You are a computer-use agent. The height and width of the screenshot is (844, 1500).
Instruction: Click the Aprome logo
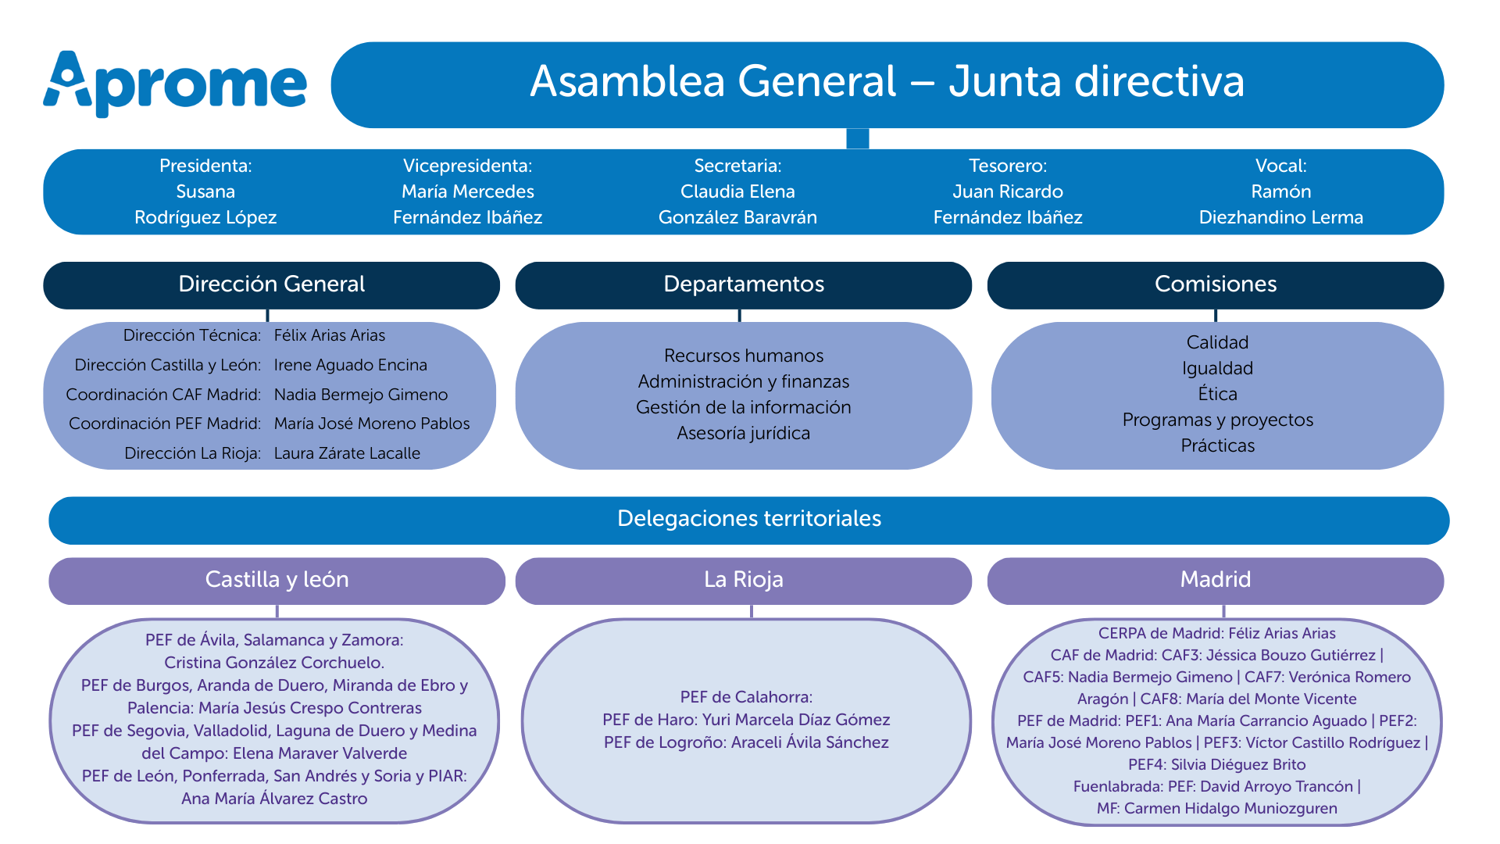click(175, 83)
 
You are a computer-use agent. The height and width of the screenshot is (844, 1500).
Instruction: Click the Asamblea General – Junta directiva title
click(887, 81)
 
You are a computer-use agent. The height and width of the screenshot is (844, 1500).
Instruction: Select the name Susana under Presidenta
click(205, 191)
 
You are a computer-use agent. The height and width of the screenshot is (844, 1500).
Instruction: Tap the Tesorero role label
click(1008, 166)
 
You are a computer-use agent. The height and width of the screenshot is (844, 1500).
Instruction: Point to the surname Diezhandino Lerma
click(1280, 217)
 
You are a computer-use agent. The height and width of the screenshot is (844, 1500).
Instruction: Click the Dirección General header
click(271, 284)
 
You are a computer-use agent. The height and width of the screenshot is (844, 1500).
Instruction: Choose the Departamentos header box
click(743, 284)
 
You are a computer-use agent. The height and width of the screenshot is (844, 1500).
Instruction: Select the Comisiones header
click(1216, 284)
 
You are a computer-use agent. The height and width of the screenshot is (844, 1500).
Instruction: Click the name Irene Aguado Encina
click(350, 365)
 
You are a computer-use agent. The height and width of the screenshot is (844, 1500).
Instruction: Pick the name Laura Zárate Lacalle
click(347, 453)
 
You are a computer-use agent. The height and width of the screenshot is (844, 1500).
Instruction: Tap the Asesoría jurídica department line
click(743, 433)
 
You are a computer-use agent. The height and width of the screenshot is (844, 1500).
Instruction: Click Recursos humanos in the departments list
click(743, 356)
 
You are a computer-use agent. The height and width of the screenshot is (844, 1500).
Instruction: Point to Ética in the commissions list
click(1217, 394)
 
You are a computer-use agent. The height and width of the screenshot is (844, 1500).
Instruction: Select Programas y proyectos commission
click(1217, 420)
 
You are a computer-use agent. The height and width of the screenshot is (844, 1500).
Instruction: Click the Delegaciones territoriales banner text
click(748, 519)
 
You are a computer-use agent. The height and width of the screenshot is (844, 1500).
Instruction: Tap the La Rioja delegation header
click(743, 580)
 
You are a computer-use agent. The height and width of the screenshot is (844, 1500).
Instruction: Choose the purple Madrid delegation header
click(1215, 580)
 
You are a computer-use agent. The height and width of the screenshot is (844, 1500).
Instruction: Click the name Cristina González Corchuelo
click(273, 663)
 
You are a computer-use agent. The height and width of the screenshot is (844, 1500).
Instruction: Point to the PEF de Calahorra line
click(746, 697)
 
